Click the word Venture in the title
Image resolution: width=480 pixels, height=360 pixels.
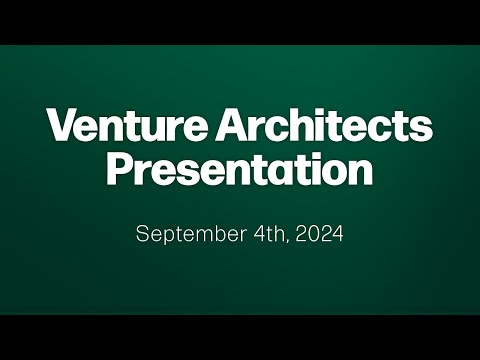click(129, 125)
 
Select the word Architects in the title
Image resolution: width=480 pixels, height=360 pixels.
click(324, 124)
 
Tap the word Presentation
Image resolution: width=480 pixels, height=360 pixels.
click(240, 169)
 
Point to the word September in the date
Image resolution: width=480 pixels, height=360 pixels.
click(191, 234)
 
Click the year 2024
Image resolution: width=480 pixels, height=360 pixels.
click(319, 234)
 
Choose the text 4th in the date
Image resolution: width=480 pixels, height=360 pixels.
click(270, 234)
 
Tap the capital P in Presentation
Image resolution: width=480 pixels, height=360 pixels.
click(120, 169)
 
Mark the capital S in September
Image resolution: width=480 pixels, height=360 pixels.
click(142, 234)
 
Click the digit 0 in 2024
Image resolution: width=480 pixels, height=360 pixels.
click(313, 234)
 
